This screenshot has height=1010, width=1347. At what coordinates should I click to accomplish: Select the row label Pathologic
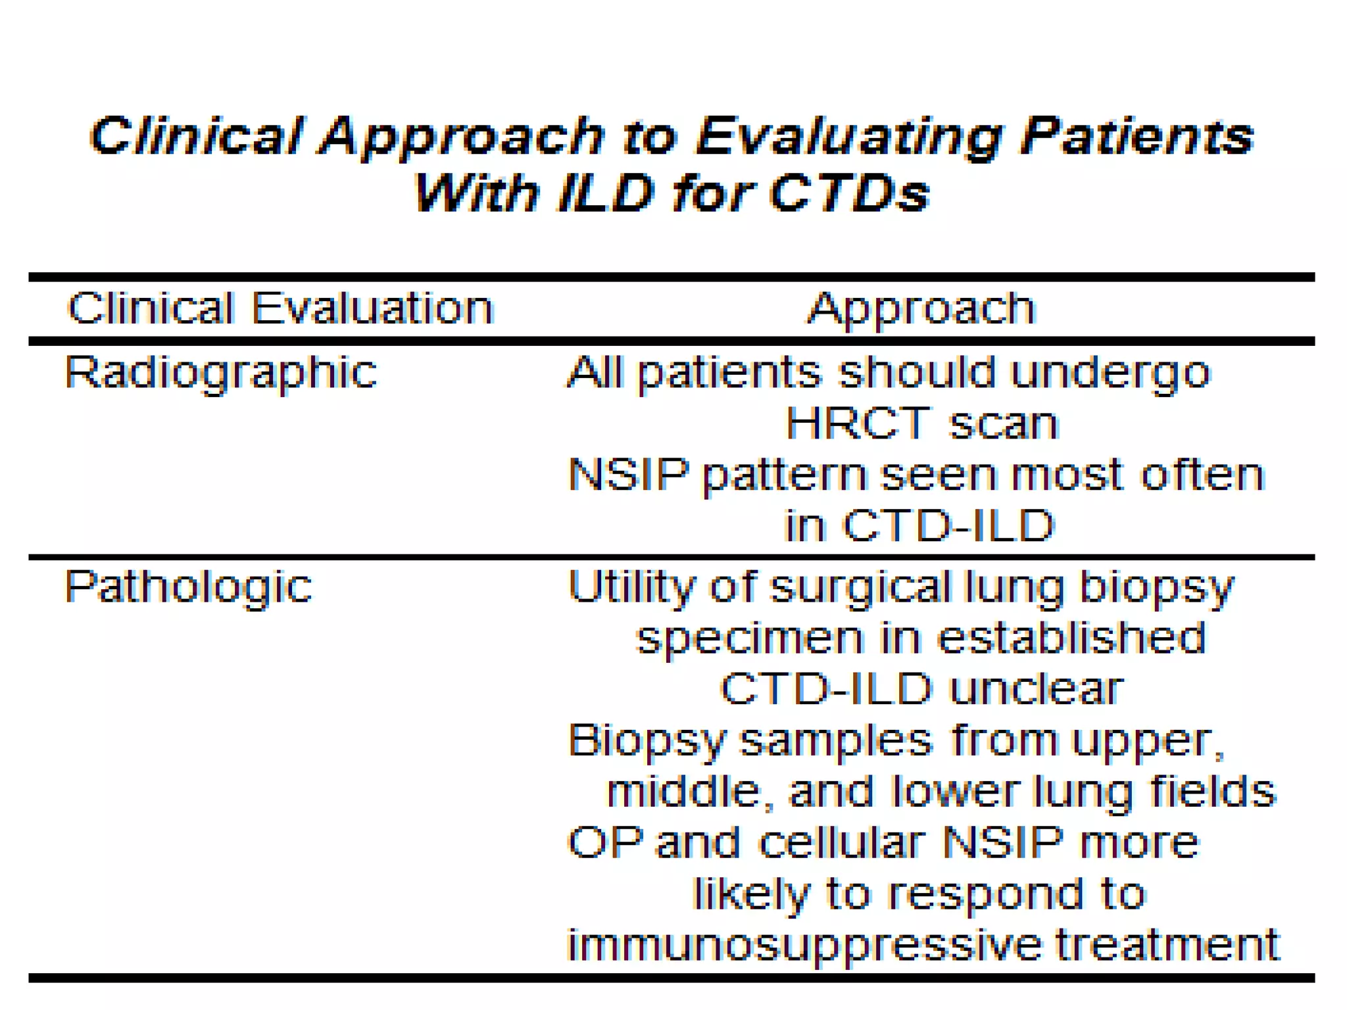point(188,587)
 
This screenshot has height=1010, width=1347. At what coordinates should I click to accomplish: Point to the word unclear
point(1037,688)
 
